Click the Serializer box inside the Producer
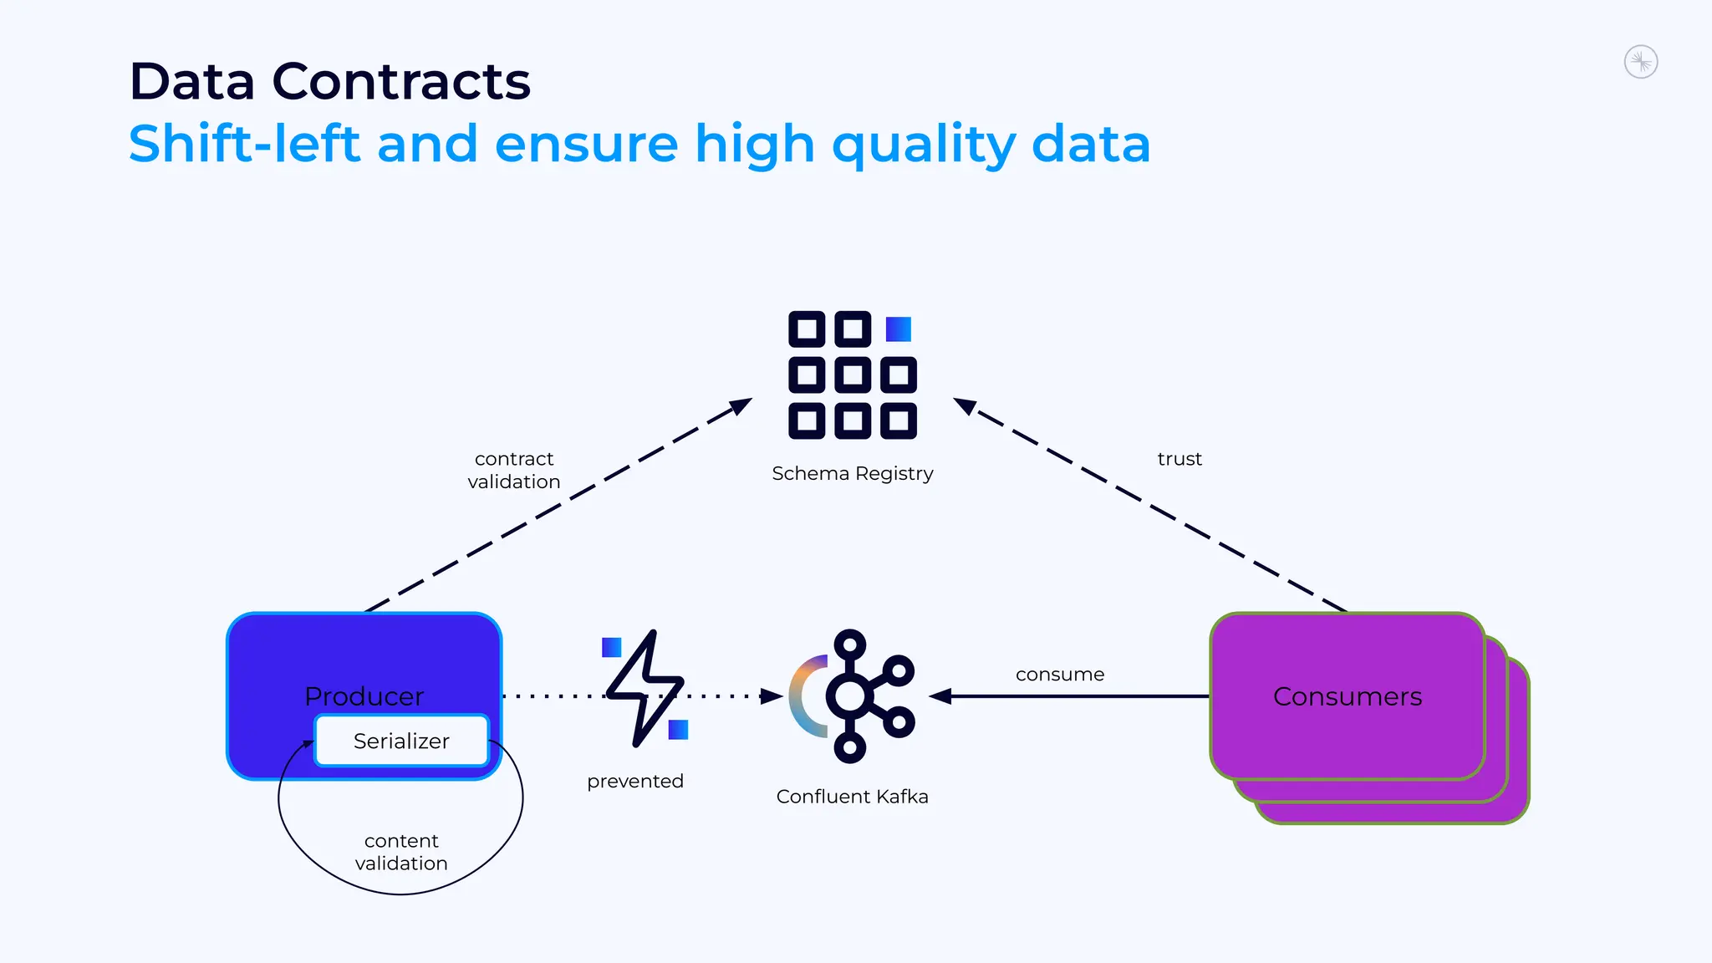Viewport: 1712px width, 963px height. pyautogui.click(x=401, y=741)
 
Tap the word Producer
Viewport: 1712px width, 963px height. pyautogui.click(x=364, y=696)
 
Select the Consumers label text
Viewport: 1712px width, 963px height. pyautogui.click(x=1347, y=696)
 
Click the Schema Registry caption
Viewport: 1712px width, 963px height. pyautogui.click(x=852, y=473)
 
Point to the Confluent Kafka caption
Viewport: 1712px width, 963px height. pyautogui.click(x=852, y=797)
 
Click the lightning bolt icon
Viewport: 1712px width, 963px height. pyautogui.click(x=645, y=687)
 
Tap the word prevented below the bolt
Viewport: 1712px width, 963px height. pyautogui.click(x=635, y=781)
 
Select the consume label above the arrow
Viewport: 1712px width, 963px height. pyautogui.click(x=1059, y=675)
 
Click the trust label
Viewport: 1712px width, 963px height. pyautogui.click(x=1179, y=459)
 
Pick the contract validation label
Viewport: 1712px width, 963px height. pyautogui.click(x=513, y=470)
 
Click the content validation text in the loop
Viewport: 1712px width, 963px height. pyautogui.click(x=401, y=852)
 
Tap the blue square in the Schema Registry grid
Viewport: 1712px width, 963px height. pyautogui.click(x=898, y=329)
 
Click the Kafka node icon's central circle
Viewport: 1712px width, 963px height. pyautogui.click(x=849, y=695)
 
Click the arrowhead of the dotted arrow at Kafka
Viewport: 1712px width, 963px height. pyautogui.click(x=772, y=695)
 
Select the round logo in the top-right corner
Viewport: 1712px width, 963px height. pyautogui.click(x=1640, y=62)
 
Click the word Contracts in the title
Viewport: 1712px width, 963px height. pyautogui.click(x=401, y=82)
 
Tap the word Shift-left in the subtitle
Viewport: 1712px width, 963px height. pyautogui.click(x=244, y=144)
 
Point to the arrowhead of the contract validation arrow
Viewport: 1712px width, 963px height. pyautogui.click(x=741, y=405)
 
